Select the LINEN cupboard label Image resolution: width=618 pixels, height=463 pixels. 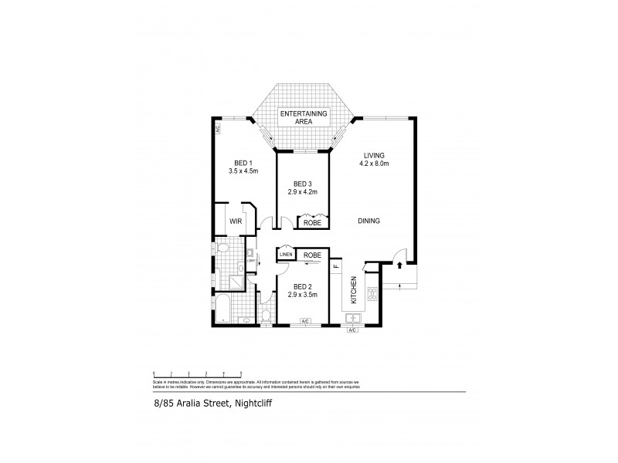286,255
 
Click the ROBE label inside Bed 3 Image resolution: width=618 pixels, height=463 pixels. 312,222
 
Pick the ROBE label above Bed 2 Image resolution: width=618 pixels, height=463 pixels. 312,255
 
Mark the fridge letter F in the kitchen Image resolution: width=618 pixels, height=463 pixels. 336,267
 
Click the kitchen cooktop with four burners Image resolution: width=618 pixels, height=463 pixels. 371,294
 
